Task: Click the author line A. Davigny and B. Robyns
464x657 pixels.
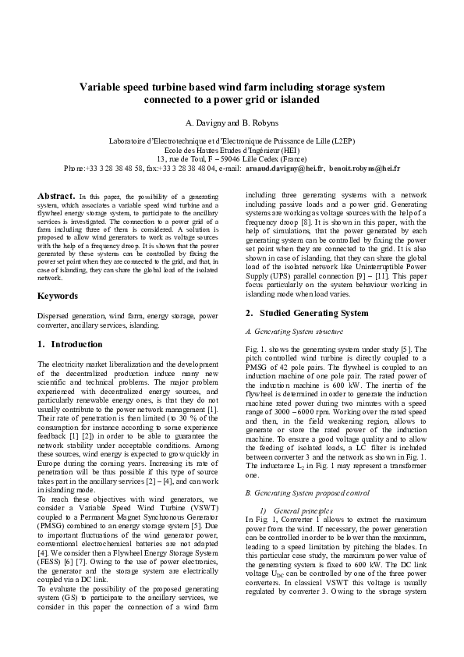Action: [x=232, y=123]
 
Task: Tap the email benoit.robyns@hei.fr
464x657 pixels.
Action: [x=365, y=168]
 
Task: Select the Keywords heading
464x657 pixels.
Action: [x=58, y=296]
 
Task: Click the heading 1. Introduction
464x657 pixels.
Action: [x=70, y=343]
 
